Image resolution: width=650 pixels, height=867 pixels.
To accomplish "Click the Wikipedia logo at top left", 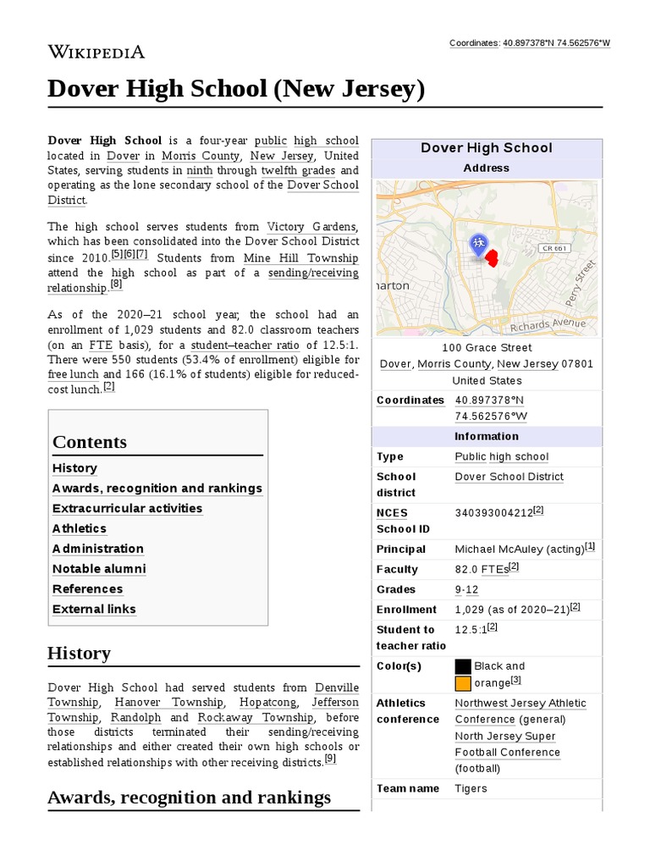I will pos(96,52).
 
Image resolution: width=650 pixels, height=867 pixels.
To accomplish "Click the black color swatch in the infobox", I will pos(463,666).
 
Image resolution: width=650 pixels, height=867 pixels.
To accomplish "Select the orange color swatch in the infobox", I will pos(463,683).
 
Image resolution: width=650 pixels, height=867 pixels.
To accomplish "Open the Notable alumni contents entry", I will pos(99,569).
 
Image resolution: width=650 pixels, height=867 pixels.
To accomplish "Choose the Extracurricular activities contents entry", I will pos(127,509).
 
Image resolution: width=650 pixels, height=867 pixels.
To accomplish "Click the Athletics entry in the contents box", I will pos(80,529).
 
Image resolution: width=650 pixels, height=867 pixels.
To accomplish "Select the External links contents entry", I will pos(94,610).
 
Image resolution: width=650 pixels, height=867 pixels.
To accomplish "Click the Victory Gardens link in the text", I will pos(312,227).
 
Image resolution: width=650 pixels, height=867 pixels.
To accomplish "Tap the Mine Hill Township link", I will pos(300,258).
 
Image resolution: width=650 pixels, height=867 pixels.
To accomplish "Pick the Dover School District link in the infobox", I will pos(509,477).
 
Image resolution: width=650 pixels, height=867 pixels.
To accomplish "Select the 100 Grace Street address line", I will pos(487,348).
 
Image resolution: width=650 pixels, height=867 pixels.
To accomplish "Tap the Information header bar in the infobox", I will pos(487,437).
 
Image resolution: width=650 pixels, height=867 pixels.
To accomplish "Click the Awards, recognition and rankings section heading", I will pos(189,798).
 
